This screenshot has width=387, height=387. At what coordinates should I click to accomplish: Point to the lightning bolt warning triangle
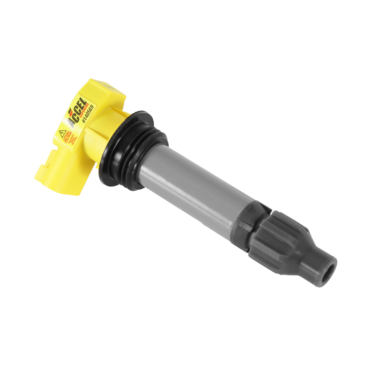[x=63, y=134]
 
